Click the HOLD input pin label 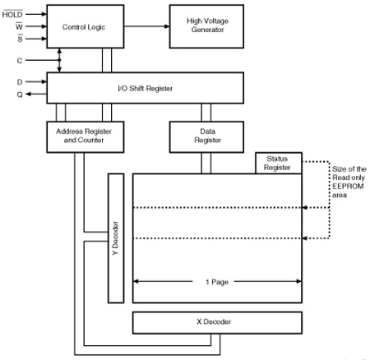coord(12,14)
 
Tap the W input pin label coord(19,26)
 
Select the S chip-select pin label coord(20,39)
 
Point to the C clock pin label coord(20,60)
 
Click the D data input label coord(20,82)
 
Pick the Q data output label coord(20,95)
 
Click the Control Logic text coord(84,27)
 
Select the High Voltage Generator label coord(207,25)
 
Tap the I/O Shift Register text coord(146,88)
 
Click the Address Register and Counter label coord(84,136)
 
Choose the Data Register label coord(207,136)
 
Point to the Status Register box coord(279,163)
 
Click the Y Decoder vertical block coord(116,238)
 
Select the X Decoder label coord(214,321)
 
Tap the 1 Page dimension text coord(217,282)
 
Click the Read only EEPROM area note coord(349,182)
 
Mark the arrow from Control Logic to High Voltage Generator coord(146,26)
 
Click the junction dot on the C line coord(59,60)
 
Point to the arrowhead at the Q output coord(28,95)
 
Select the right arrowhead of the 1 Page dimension coord(299,281)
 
